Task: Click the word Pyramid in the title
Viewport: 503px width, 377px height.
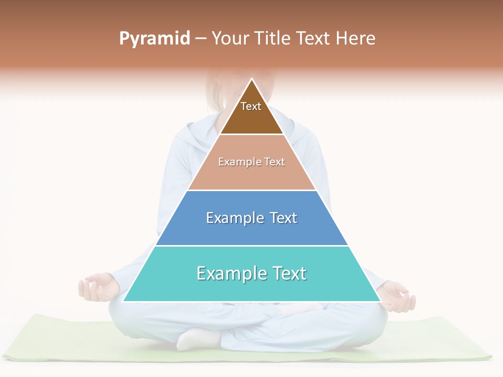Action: click(x=155, y=39)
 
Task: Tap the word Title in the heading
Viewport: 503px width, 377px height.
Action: click(x=274, y=38)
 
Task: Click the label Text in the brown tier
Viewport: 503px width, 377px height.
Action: click(x=251, y=106)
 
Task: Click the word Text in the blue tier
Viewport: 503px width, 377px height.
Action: click(x=283, y=218)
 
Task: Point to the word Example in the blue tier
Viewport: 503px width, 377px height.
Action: click(x=235, y=218)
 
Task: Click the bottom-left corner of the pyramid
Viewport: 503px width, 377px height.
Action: click(x=123, y=301)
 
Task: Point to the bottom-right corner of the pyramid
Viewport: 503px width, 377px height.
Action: click(x=380, y=301)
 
